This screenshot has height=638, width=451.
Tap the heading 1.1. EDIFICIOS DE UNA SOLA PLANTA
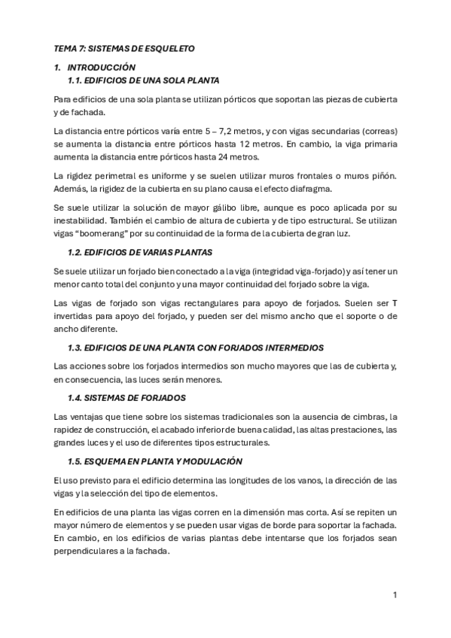[144, 80]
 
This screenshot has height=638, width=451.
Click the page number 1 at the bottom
[395, 595]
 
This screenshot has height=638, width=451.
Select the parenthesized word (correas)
[376, 131]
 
